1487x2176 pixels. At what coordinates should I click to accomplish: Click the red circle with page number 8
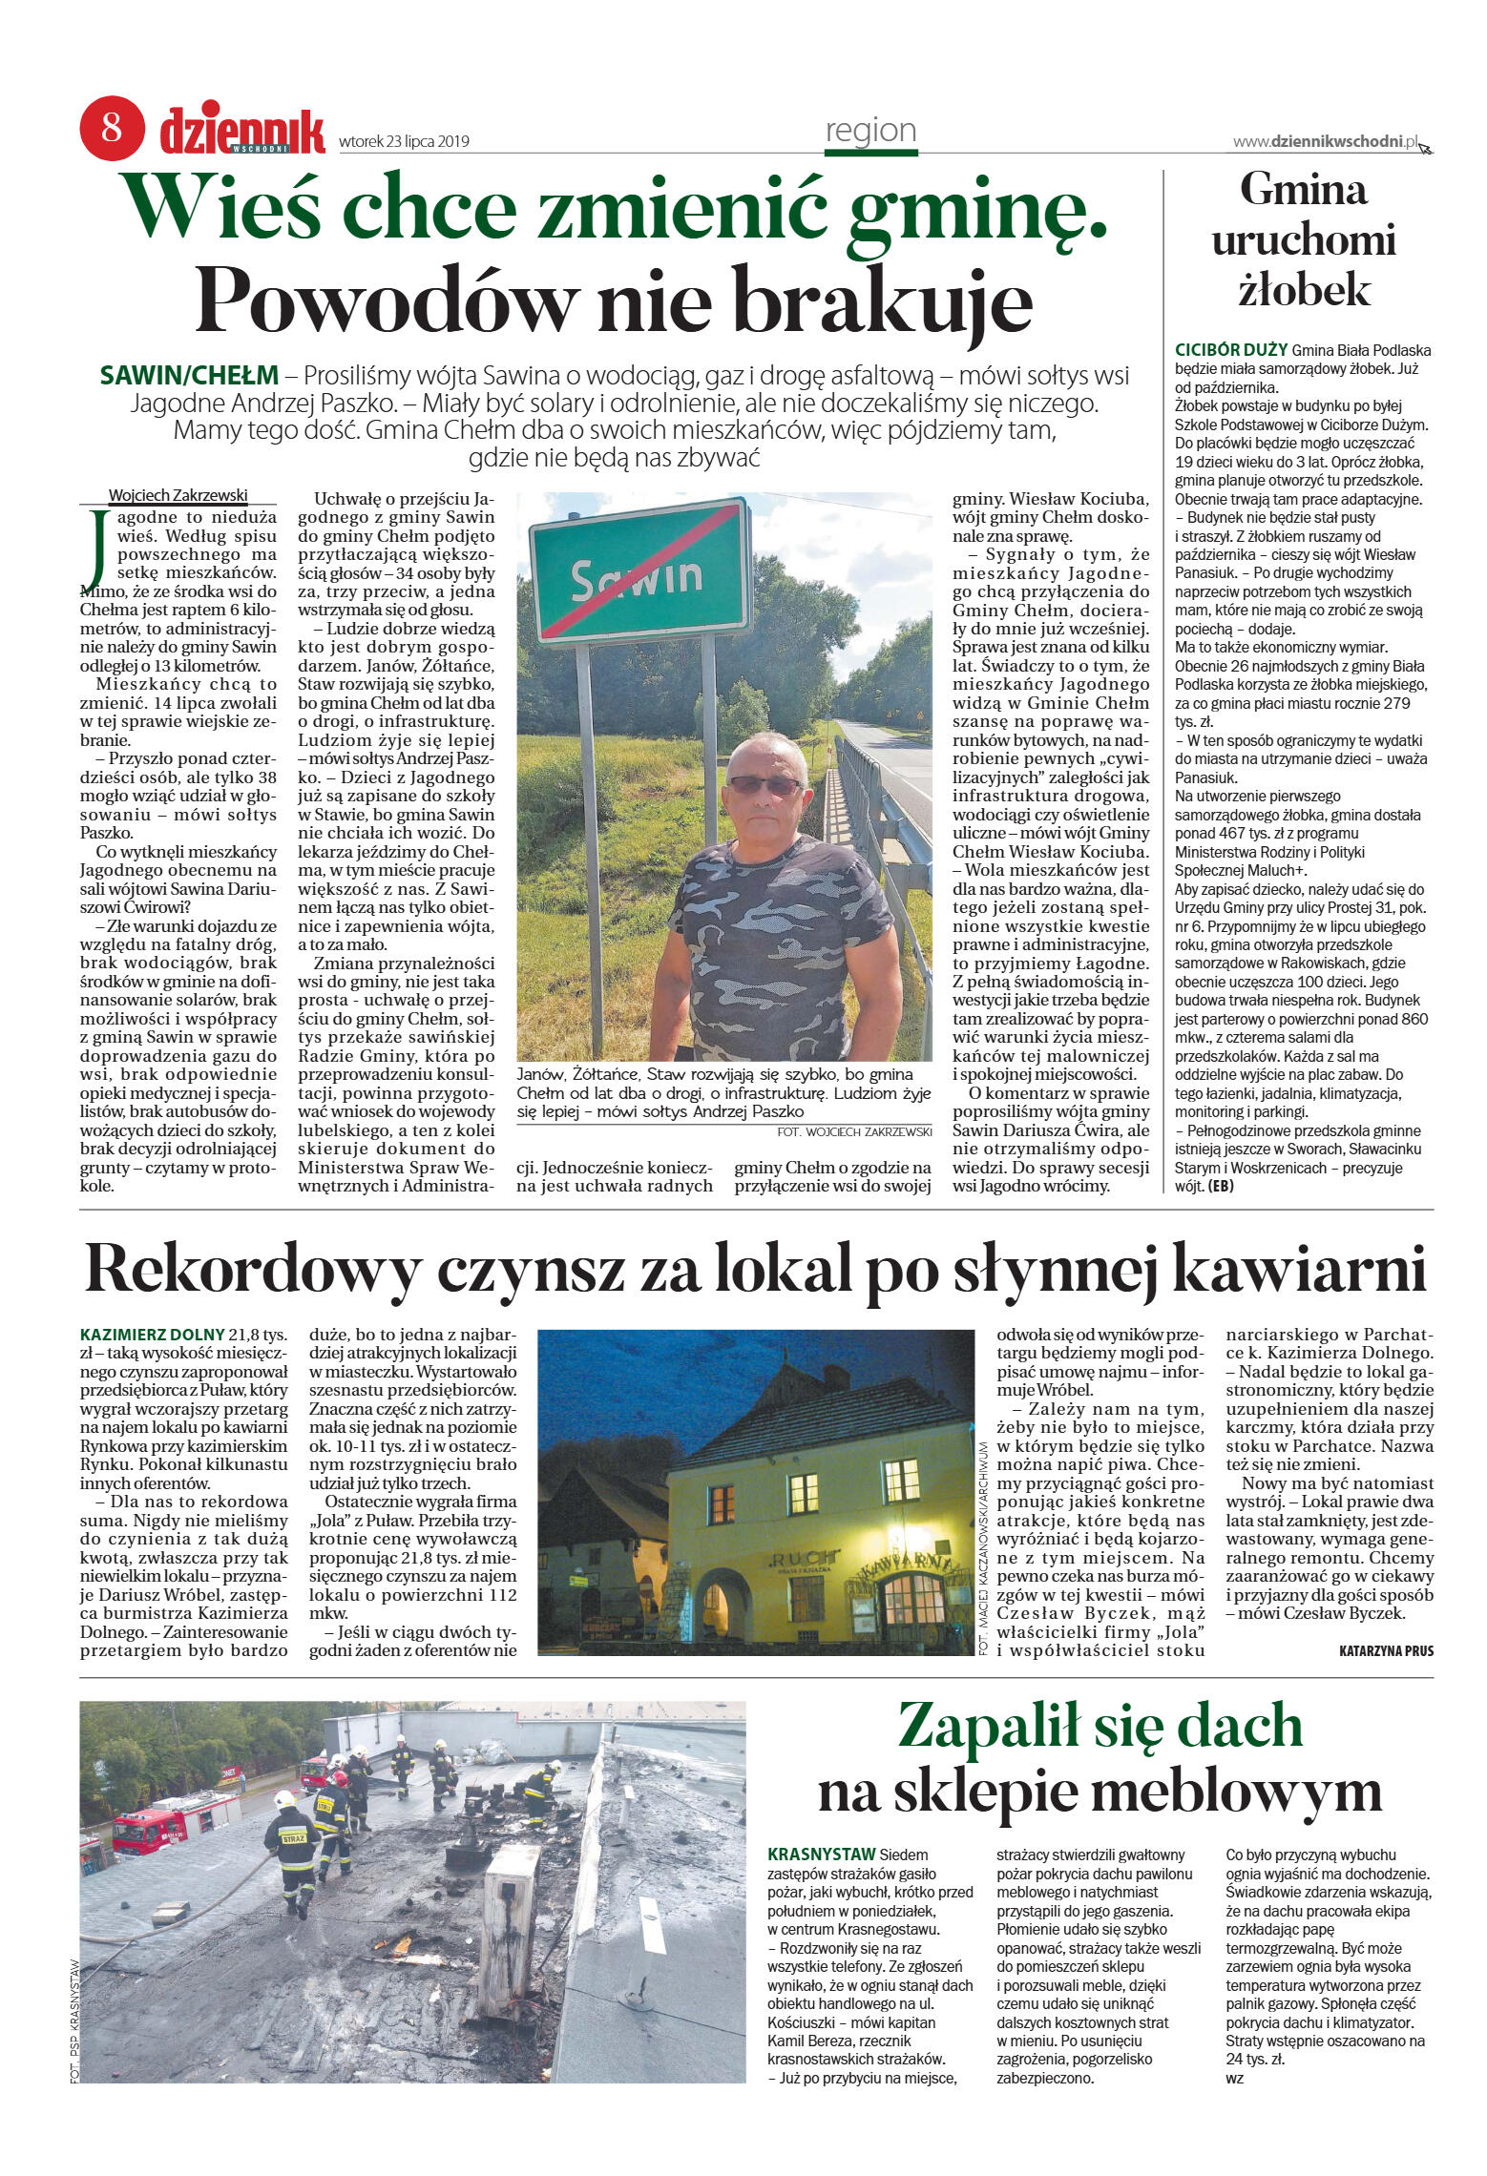(x=112, y=128)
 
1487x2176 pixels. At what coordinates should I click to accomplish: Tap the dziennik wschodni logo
(x=241, y=132)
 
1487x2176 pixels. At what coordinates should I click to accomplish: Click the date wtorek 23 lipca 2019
(x=404, y=142)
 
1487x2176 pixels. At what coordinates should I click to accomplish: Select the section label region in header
(x=870, y=131)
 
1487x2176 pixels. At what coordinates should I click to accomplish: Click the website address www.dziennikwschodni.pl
(x=1325, y=141)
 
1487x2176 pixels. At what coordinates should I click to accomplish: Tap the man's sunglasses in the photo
(x=764, y=785)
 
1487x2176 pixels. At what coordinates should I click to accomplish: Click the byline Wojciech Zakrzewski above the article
(x=178, y=495)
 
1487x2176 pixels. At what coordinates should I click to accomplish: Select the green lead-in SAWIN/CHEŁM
(x=189, y=375)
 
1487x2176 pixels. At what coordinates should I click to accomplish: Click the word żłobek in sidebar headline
(x=1303, y=290)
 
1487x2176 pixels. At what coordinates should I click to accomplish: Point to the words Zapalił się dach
(x=1100, y=1725)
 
